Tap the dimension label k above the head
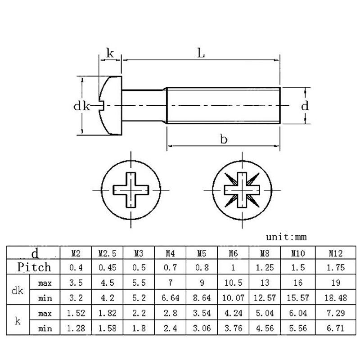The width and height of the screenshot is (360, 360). (110, 53)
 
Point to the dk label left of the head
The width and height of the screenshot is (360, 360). (81, 106)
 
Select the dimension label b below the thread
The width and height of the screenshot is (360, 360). (224, 139)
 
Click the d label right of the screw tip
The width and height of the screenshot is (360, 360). (305, 106)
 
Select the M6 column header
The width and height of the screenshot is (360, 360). (233, 253)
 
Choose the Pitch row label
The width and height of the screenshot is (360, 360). (34, 267)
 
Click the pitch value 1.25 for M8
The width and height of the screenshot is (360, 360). (265, 267)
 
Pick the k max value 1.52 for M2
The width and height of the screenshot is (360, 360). (76, 313)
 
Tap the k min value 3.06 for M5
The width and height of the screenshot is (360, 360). (202, 328)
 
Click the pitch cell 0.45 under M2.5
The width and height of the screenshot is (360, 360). (108, 267)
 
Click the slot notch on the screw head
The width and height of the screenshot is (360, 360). (101, 106)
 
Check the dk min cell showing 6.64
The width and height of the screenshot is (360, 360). (171, 298)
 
